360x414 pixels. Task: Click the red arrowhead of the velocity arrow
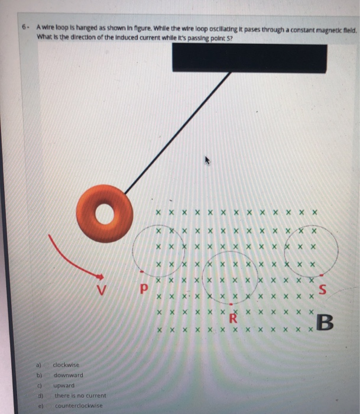click(x=100, y=276)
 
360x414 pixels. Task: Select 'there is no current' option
click(x=80, y=395)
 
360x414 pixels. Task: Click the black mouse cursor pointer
click(x=206, y=160)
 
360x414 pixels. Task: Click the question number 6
click(x=24, y=27)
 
